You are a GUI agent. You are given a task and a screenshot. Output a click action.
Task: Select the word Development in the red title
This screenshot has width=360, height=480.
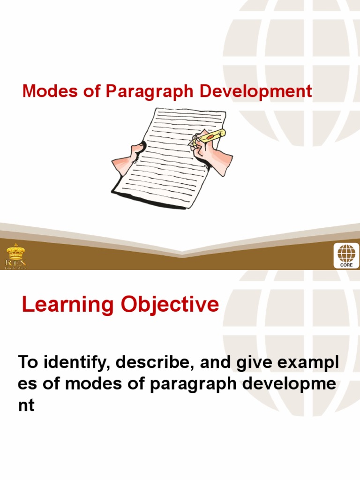256,91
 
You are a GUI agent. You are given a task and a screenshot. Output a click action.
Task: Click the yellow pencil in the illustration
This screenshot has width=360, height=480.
209,137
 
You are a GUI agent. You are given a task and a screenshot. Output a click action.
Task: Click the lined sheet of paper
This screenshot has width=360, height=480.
169,159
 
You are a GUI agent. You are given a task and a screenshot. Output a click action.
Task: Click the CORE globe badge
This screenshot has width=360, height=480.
346,255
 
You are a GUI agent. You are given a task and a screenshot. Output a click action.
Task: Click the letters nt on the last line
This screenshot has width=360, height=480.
26,405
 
